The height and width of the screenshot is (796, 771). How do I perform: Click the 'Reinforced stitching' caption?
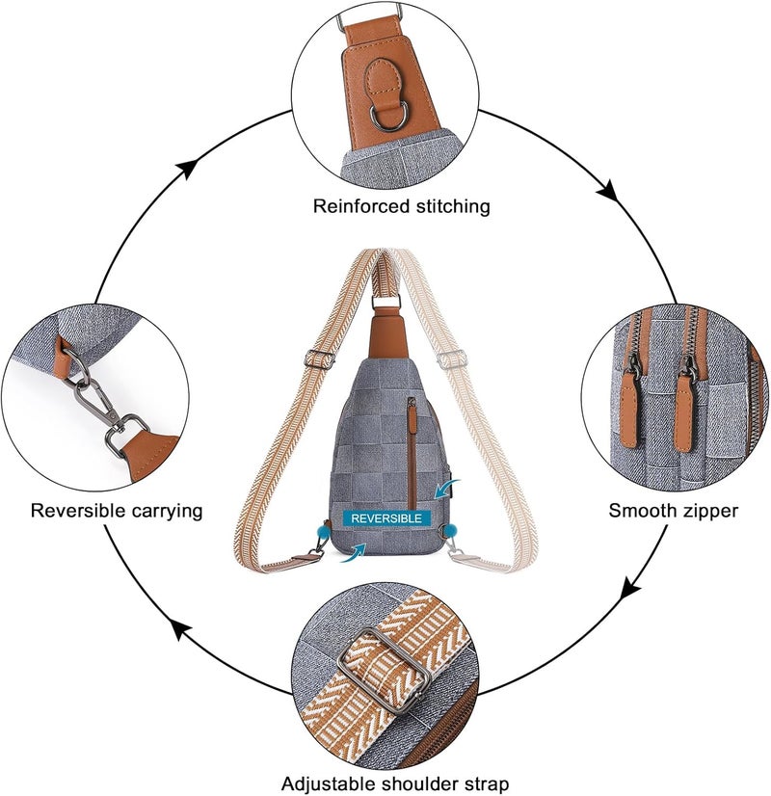(x=401, y=206)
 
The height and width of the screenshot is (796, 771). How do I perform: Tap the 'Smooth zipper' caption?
(x=673, y=510)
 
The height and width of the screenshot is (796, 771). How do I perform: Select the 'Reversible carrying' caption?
(x=117, y=510)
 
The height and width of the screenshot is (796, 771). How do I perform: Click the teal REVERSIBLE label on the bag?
(x=385, y=518)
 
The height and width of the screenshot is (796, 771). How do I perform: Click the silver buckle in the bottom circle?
(x=370, y=654)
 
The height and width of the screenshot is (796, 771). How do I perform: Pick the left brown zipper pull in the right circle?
(x=629, y=414)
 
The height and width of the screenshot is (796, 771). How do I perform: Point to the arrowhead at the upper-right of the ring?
(x=606, y=190)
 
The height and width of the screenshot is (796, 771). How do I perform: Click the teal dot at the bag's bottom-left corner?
(x=318, y=529)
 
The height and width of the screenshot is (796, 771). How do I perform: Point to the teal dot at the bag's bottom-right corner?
(x=449, y=529)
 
